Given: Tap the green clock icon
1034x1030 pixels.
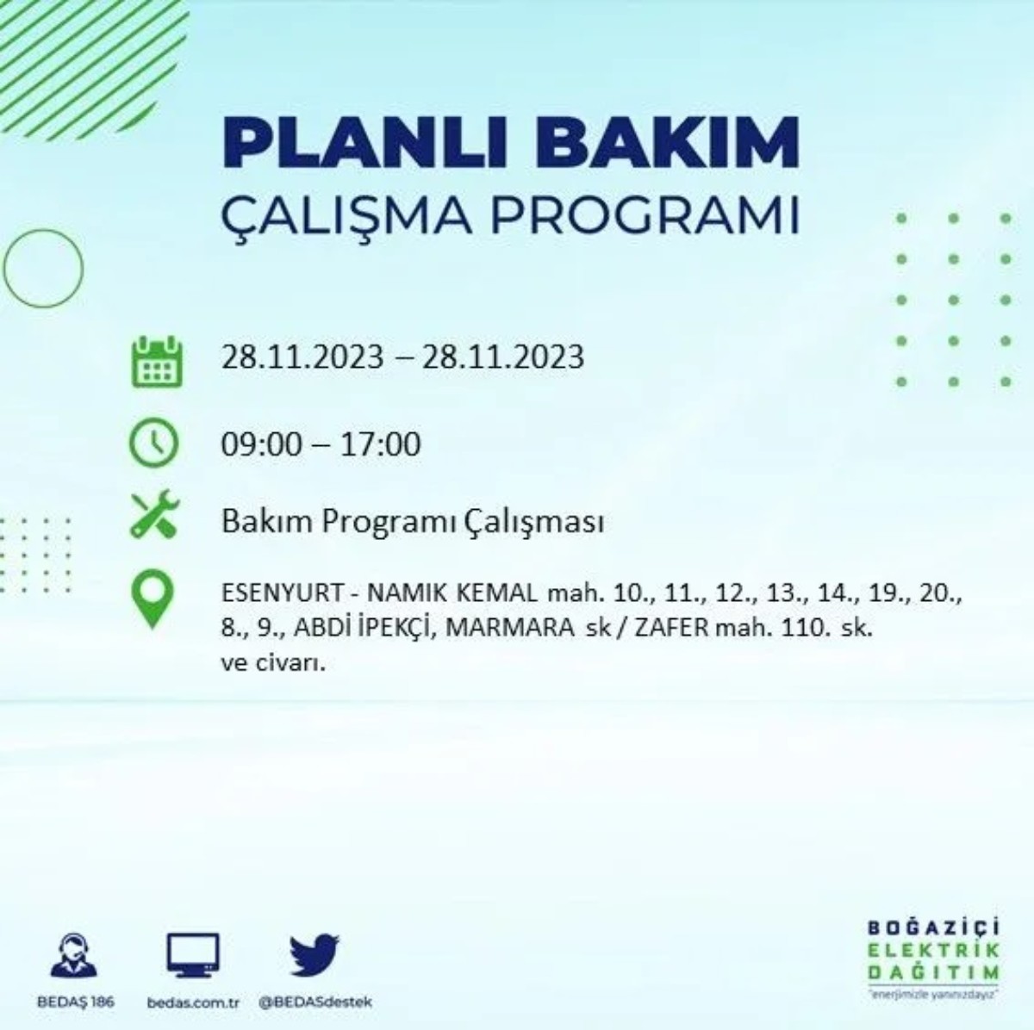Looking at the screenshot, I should point(153,443).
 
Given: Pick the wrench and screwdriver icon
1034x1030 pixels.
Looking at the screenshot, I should point(154,514).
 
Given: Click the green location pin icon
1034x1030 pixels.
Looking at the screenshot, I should point(153,600).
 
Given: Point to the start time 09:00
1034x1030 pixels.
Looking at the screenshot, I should point(262,444).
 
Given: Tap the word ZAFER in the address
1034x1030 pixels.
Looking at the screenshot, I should point(672,628).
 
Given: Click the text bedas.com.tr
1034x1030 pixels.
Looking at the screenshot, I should point(193,1002).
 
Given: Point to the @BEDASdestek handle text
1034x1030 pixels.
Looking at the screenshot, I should point(315,1002).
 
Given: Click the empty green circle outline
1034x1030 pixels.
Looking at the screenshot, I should point(43,269).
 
